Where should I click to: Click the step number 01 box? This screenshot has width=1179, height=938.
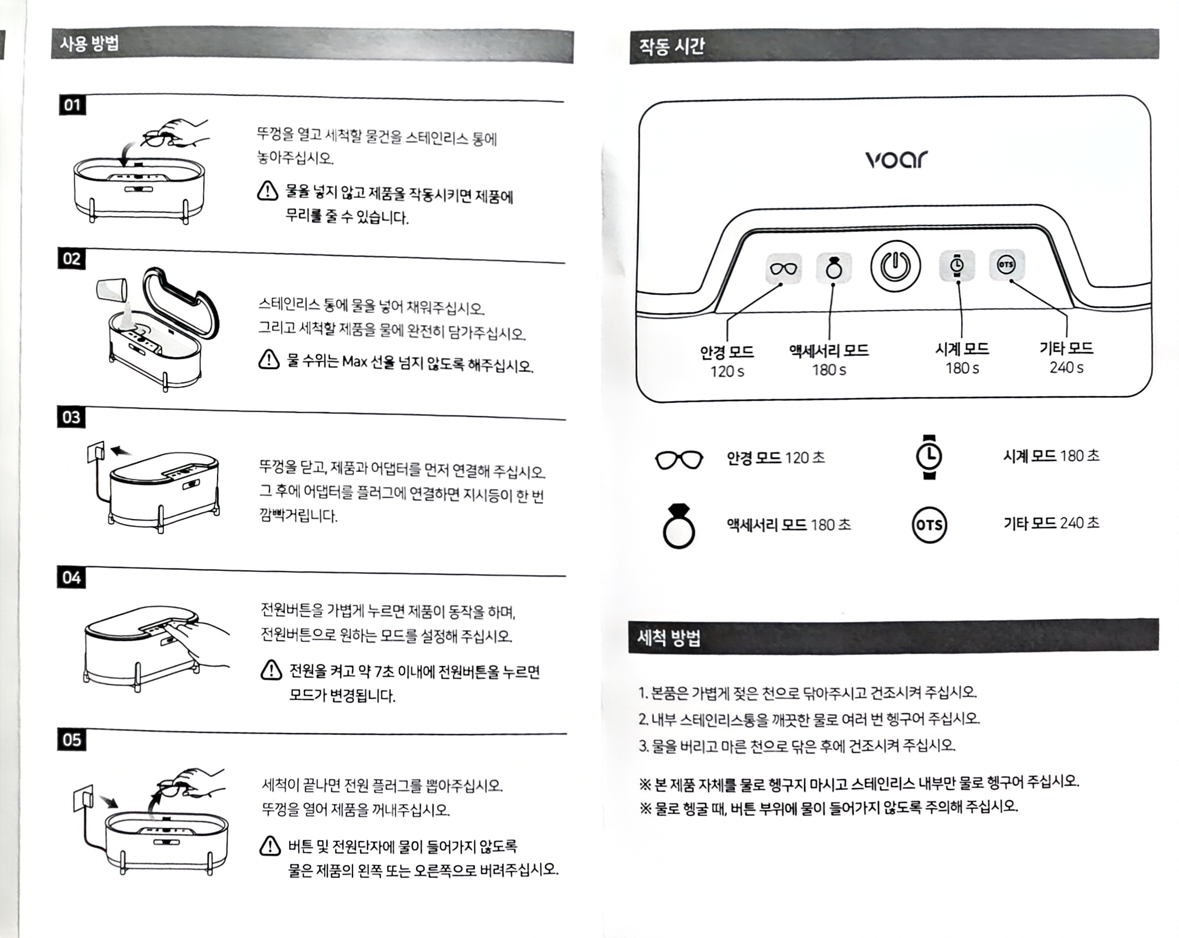pyautogui.click(x=72, y=105)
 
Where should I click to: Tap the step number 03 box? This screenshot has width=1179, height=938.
pyautogui.click(x=71, y=417)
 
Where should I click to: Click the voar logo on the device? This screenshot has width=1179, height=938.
pyautogui.click(x=896, y=159)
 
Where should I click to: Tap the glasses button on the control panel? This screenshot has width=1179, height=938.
pyautogui.click(x=783, y=268)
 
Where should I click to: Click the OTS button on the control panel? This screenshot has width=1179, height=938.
pyautogui.click(x=1006, y=265)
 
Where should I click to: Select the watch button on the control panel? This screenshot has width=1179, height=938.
pyautogui.click(x=957, y=265)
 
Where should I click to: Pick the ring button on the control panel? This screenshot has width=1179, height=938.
pyautogui.click(x=834, y=268)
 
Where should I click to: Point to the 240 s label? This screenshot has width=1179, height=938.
pyautogui.click(x=1066, y=367)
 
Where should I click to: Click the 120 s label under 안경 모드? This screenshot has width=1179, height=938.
pyautogui.click(x=727, y=371)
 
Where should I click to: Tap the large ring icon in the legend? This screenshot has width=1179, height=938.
pyautogui.click(x=679, y=526)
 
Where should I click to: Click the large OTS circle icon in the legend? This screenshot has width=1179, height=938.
pyautogui.click(x=929, y=525)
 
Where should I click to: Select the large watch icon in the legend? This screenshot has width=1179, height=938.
pyautogui.click(x=929, y=457)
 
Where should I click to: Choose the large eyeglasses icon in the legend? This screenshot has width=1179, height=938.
pyautogui.click(x=679, y=460)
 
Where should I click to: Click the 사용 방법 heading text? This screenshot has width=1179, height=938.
pyautogui.click(x=89, y=43)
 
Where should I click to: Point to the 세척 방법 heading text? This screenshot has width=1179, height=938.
pyautogui.click(x=669, y=638)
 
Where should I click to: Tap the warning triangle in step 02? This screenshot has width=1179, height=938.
pyautogui.click(x=268, y=359)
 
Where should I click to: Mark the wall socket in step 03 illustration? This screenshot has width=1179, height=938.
pyautogui.click(x=95, y=452)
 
